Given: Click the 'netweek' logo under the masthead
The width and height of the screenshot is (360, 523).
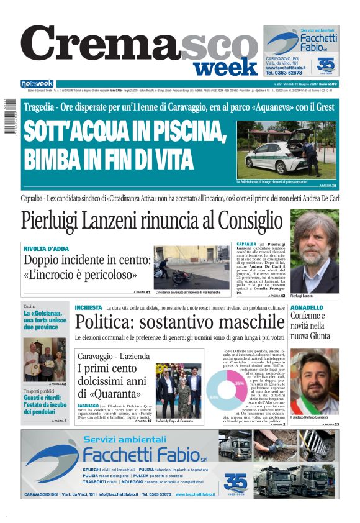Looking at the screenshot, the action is tap(37, 84).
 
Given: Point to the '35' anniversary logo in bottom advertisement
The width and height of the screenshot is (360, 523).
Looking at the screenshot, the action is tap(235, 482).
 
